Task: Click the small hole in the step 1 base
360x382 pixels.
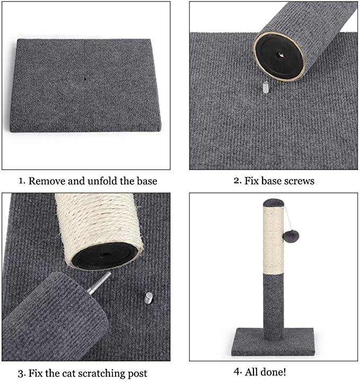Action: (85, 79)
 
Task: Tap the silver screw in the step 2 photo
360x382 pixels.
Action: (266, 87)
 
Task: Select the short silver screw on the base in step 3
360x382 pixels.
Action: (148, 298)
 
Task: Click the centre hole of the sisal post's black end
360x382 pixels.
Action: (105, 255)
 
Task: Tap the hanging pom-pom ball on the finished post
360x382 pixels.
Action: (291, 237)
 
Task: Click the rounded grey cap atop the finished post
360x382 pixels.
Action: (274, 203)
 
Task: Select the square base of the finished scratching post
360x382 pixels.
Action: (273, 342)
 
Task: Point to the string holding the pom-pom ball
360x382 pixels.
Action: (287, 219)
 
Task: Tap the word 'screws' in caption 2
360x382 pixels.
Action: (300, 181)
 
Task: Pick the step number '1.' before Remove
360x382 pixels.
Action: (22, 181)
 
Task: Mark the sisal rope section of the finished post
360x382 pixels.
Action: (274, 240)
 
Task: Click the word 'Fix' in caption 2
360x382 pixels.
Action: (251, 181)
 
